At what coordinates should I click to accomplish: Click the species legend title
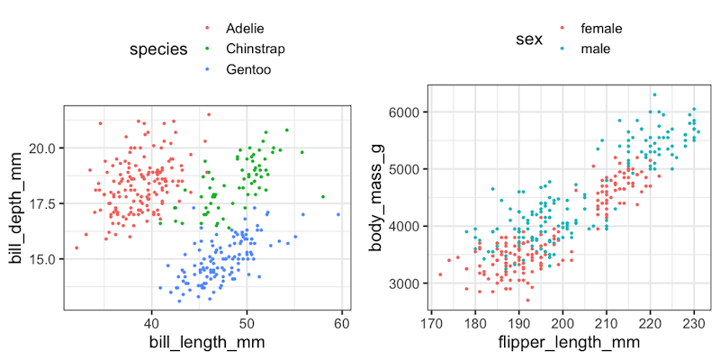(x=157, y=49)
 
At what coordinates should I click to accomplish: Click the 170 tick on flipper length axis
(x=432, y=323)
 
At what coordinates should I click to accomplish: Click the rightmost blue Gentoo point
(x=338, y=214)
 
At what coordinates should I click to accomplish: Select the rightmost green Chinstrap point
(x=322, y=196)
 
